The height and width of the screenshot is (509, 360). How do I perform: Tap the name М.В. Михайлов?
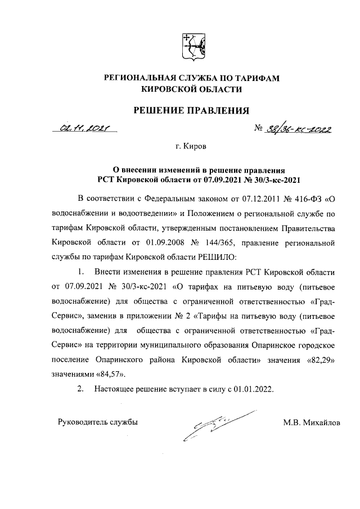click(x=312, y=422)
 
